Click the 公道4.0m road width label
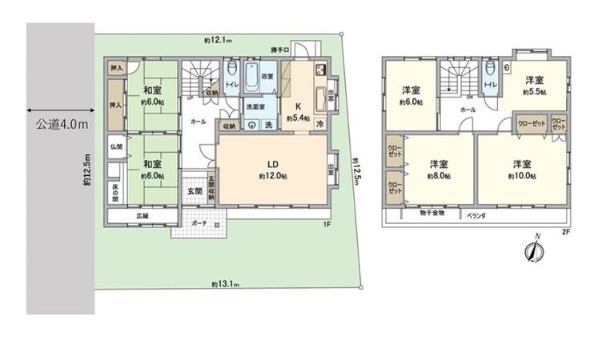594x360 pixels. click(62, 126)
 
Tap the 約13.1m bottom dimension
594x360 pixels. click(226, 284)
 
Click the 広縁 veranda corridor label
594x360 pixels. click(142, 214)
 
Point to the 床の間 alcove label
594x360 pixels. click(114, 192)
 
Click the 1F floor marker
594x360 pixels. click(327, 224)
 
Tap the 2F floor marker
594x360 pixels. click(564, 232)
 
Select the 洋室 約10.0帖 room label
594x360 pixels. click(523, 169)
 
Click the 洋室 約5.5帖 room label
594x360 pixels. click(536, 86)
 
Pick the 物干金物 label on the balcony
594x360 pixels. click(432, 214)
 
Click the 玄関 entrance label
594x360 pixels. click(195, 191)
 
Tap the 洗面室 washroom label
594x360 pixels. click(255, 106)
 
